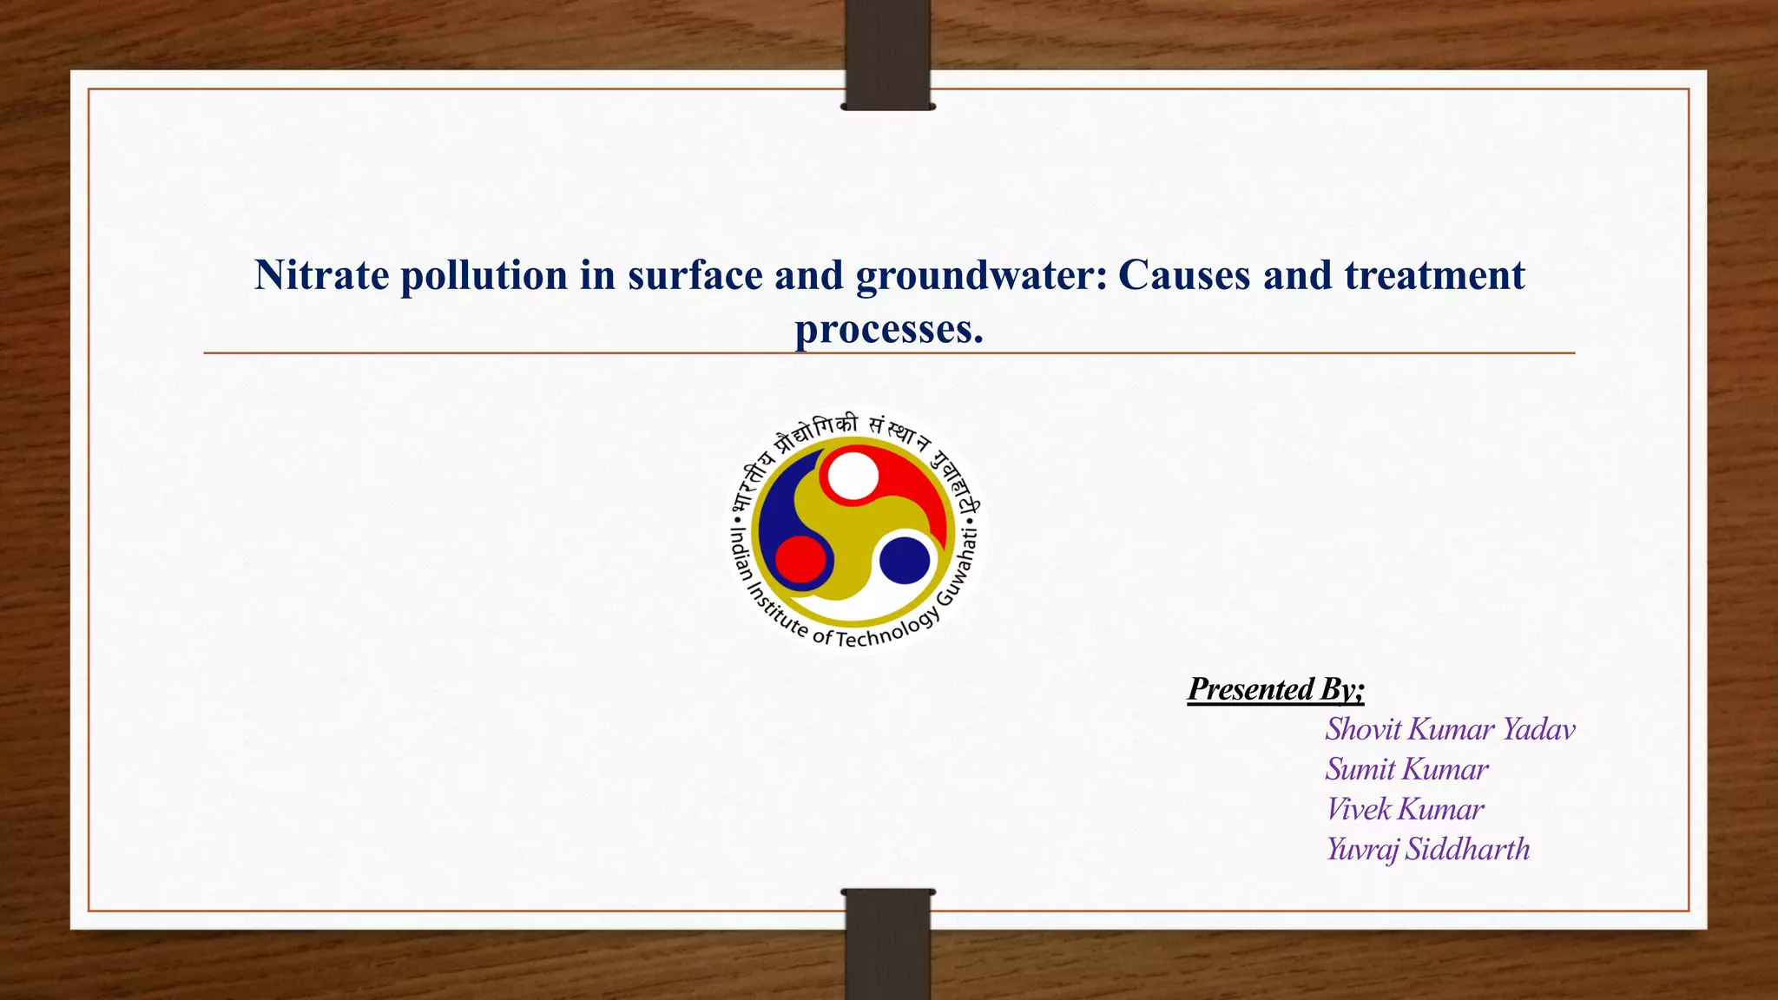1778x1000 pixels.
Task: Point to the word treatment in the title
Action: coord(1434,276)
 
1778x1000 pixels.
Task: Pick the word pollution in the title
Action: coord(484,276)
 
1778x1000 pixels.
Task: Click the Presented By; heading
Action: coord(1275,689)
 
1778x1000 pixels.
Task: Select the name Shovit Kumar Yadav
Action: coord(1450,729)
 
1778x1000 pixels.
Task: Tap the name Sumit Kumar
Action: coord(1406,769)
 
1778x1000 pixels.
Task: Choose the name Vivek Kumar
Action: coord(1405,809)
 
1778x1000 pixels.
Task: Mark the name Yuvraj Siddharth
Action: coord(1427,849)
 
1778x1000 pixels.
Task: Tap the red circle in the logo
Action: coord(800,560)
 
